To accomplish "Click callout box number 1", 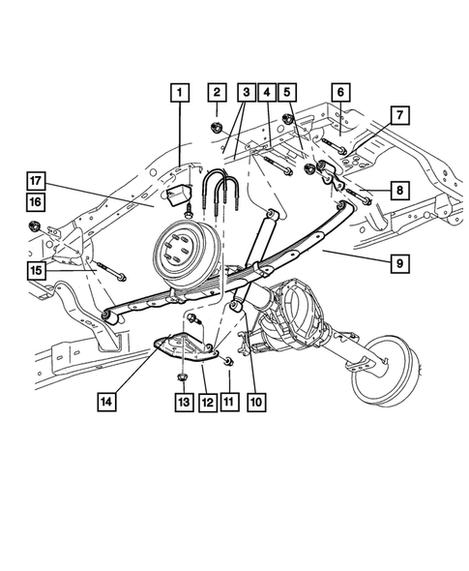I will (x=178, y=93).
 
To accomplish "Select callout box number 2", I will (x=217, y=93).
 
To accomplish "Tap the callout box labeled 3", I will (x=247, y=93).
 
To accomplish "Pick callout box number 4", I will (x=267, y=93).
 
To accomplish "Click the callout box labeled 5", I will (x=286, y=93).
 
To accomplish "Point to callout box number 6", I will (x=339, y=93).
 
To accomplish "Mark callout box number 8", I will (x=397, y=190).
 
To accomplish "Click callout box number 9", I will (x=397, y=263).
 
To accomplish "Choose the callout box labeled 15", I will (x=35, y=270).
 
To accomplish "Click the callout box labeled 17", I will (x=35, y=180).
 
